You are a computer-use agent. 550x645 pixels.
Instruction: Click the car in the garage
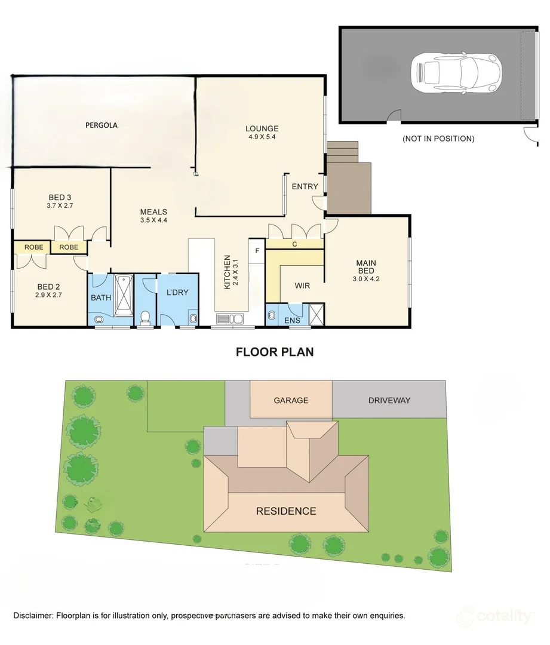456,70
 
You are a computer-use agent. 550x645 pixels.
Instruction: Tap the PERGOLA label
101,125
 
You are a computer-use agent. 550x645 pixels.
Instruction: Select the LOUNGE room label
262,128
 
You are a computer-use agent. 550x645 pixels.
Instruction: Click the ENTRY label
305,186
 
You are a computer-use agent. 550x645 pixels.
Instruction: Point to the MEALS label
153,212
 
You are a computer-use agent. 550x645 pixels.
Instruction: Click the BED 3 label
60,197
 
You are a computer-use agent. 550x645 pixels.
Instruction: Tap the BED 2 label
48,285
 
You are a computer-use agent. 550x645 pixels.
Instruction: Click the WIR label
302,286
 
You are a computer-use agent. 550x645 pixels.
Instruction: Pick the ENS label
291,321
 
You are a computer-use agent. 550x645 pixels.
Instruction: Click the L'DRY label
177,292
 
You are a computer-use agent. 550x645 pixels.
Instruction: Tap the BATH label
101,297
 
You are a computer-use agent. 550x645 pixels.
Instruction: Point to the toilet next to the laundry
145,317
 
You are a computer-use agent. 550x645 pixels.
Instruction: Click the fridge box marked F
257,251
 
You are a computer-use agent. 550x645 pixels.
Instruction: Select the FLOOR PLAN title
275,352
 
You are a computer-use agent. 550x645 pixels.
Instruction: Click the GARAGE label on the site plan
291,400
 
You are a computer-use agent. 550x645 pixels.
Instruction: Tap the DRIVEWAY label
389,400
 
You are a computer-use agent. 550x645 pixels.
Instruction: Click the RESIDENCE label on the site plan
286,511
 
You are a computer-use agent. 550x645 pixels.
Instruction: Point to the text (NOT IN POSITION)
438,139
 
